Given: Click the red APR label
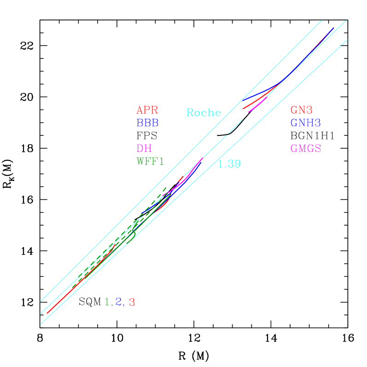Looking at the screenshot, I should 147,111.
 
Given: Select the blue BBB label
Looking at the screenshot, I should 147,123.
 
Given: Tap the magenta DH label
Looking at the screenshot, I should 144,149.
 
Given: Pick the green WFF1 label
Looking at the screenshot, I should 150,162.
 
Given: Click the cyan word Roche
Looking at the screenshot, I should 204,112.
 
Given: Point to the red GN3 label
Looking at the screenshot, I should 302,111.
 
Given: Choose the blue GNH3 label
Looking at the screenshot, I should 305,123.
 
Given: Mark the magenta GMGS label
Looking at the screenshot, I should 305,149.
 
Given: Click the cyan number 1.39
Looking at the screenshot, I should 229,164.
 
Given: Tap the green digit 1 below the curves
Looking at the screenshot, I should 107,302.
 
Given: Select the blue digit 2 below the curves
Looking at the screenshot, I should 119,302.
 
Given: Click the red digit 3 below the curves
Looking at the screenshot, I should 132,303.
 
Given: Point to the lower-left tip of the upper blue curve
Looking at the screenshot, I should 243,100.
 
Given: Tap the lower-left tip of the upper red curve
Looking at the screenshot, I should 244,109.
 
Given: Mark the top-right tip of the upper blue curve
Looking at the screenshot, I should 333,28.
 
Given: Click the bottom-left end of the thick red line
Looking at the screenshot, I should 47,313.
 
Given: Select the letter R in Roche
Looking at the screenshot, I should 190,112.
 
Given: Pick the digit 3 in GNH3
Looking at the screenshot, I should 317,123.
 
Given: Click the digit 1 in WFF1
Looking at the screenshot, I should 161,162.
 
